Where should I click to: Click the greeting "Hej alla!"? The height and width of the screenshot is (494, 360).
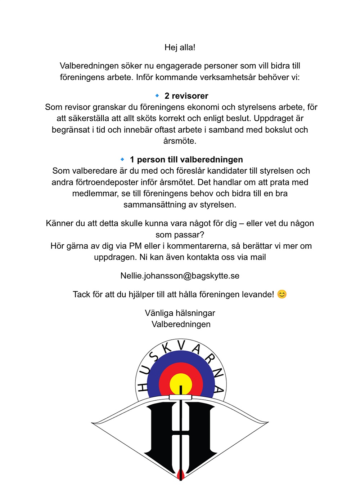[180, 48]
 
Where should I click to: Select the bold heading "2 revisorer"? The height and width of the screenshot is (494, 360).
[186, 96]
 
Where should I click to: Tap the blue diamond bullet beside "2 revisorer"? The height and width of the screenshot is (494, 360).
[157, 95]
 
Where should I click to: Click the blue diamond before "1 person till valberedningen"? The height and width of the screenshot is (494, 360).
[122, 159]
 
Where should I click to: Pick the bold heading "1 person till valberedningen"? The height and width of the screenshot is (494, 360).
[186, 160]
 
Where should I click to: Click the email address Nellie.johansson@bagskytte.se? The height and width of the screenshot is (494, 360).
[180, 276]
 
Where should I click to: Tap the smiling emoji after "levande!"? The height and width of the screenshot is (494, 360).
[282, 294]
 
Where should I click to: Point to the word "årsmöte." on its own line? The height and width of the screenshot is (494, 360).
[180, 141]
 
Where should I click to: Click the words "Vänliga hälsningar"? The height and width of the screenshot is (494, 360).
[180, 313]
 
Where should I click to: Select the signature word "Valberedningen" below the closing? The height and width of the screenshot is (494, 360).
[181, 324]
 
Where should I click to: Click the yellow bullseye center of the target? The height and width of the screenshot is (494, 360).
[181, 383]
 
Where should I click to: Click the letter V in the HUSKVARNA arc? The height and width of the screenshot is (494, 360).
[181, 345]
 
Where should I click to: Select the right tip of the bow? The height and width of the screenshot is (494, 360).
[268, 422]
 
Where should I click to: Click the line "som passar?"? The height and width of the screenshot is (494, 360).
[180, 235]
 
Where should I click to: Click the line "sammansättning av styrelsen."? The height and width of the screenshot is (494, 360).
[180, 205]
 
